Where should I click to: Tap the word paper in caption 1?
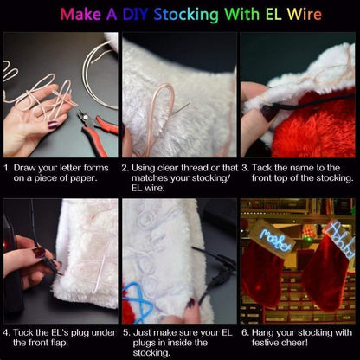(98, 177)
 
